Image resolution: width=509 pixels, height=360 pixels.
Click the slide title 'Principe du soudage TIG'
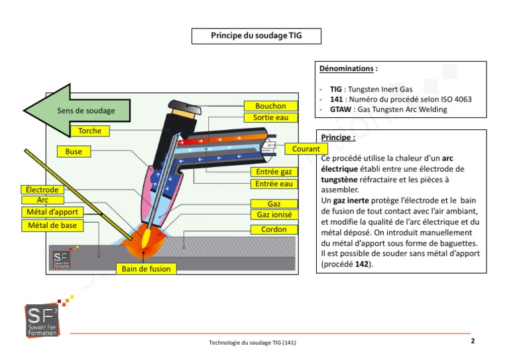tap(256, 36)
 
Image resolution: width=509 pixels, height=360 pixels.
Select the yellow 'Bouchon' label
tap(270, 106)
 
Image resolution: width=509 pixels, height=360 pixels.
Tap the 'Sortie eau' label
tap(270, 117)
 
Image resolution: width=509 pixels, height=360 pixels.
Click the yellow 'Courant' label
tap(306, 149)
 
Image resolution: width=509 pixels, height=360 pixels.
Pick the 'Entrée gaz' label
tap(274, 172)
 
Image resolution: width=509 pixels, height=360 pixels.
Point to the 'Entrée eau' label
tap(274, 184)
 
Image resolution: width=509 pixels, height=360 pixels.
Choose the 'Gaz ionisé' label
tap(274, 215)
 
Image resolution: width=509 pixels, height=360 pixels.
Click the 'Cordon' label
tap(274, 229)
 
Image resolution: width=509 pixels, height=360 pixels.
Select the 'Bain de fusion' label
tap(146, 269)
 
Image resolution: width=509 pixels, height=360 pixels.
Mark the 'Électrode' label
tap(42, 190)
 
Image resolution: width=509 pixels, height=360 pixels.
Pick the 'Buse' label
tap(74, 152)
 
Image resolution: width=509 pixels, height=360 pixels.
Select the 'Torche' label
tap(89, 131)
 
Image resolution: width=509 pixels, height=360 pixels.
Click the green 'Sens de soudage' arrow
tap(66, 111)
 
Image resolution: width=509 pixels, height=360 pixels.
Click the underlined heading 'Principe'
tap(337, 138)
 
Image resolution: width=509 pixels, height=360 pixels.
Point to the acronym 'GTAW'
tap(341, 109)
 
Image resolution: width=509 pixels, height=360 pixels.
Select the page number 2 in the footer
tap(473, 341)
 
